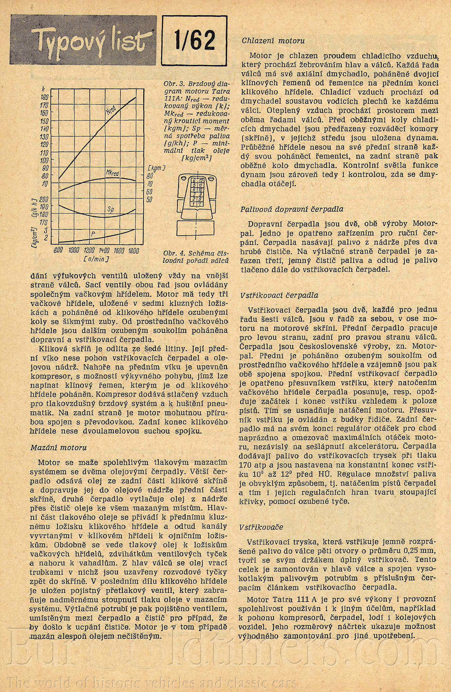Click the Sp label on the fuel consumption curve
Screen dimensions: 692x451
110,209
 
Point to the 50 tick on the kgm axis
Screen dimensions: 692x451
150,199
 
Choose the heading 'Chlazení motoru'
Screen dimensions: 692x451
273,41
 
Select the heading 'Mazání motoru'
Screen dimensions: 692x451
58,447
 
